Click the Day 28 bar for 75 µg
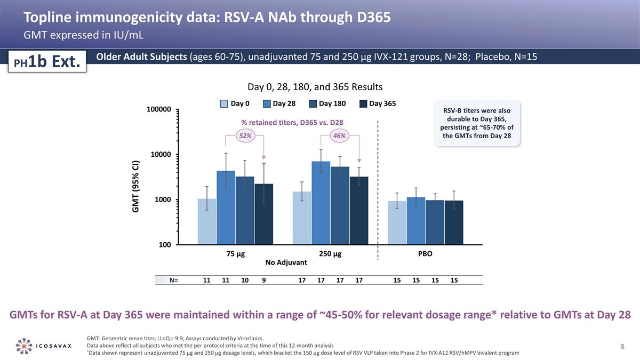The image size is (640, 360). click(x=226, y=207)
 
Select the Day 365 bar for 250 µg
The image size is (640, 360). click(x=359, y=210)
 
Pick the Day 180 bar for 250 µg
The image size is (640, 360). click(x=340, y=205)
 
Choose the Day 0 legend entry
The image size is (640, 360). click(x=233, y=103)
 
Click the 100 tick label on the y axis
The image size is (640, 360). click(x=164, y=245)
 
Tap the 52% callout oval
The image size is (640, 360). click(x=245, y=136)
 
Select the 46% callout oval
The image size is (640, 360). click(x=339, y=136)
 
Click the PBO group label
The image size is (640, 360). click(x=425, y=254)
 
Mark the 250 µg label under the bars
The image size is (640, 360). click(x=330, y=254)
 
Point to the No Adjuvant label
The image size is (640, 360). click(x=286, y=262)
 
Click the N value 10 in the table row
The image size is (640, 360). click(x=245, y=280)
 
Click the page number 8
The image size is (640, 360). click(x=622, y=346)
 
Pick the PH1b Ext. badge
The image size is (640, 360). click(x=46, y=62)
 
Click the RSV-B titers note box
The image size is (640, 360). click(x=477, y=123)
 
